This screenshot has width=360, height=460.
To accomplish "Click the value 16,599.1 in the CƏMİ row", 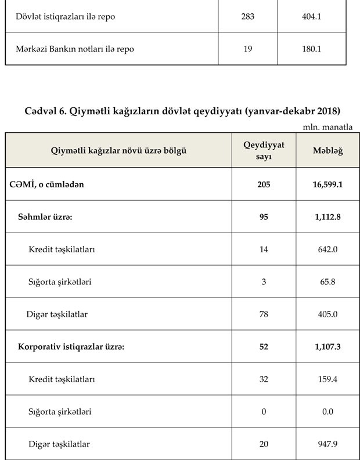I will click(x=327, y=184).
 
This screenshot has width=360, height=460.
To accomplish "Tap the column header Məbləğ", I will click(x=327, y=150).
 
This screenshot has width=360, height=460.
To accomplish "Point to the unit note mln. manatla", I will click(x=327, y=126).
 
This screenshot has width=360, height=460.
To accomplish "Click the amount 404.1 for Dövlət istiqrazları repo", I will click(x=312, y=17).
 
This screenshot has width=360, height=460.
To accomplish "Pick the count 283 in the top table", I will click(x=248, y=17).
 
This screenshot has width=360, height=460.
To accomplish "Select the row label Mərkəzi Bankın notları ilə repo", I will click(x=75, y=49).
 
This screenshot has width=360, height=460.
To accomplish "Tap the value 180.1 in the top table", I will click(x=312, y=49).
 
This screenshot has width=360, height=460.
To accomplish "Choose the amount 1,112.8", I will click(x=327, y=217).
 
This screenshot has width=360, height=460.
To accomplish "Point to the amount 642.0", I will click(x=327, y=249).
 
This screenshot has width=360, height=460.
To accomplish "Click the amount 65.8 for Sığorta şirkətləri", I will click(x=327, y=282).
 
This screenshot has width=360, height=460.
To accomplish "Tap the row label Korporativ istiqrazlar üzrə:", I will click(x=71, y=347).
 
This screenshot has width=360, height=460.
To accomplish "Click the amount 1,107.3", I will click(x=327, y=347).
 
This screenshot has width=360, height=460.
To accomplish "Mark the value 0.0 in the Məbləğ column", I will click(x=327, y=412).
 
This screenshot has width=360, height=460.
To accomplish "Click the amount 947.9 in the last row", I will click(x=327, y=444).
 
